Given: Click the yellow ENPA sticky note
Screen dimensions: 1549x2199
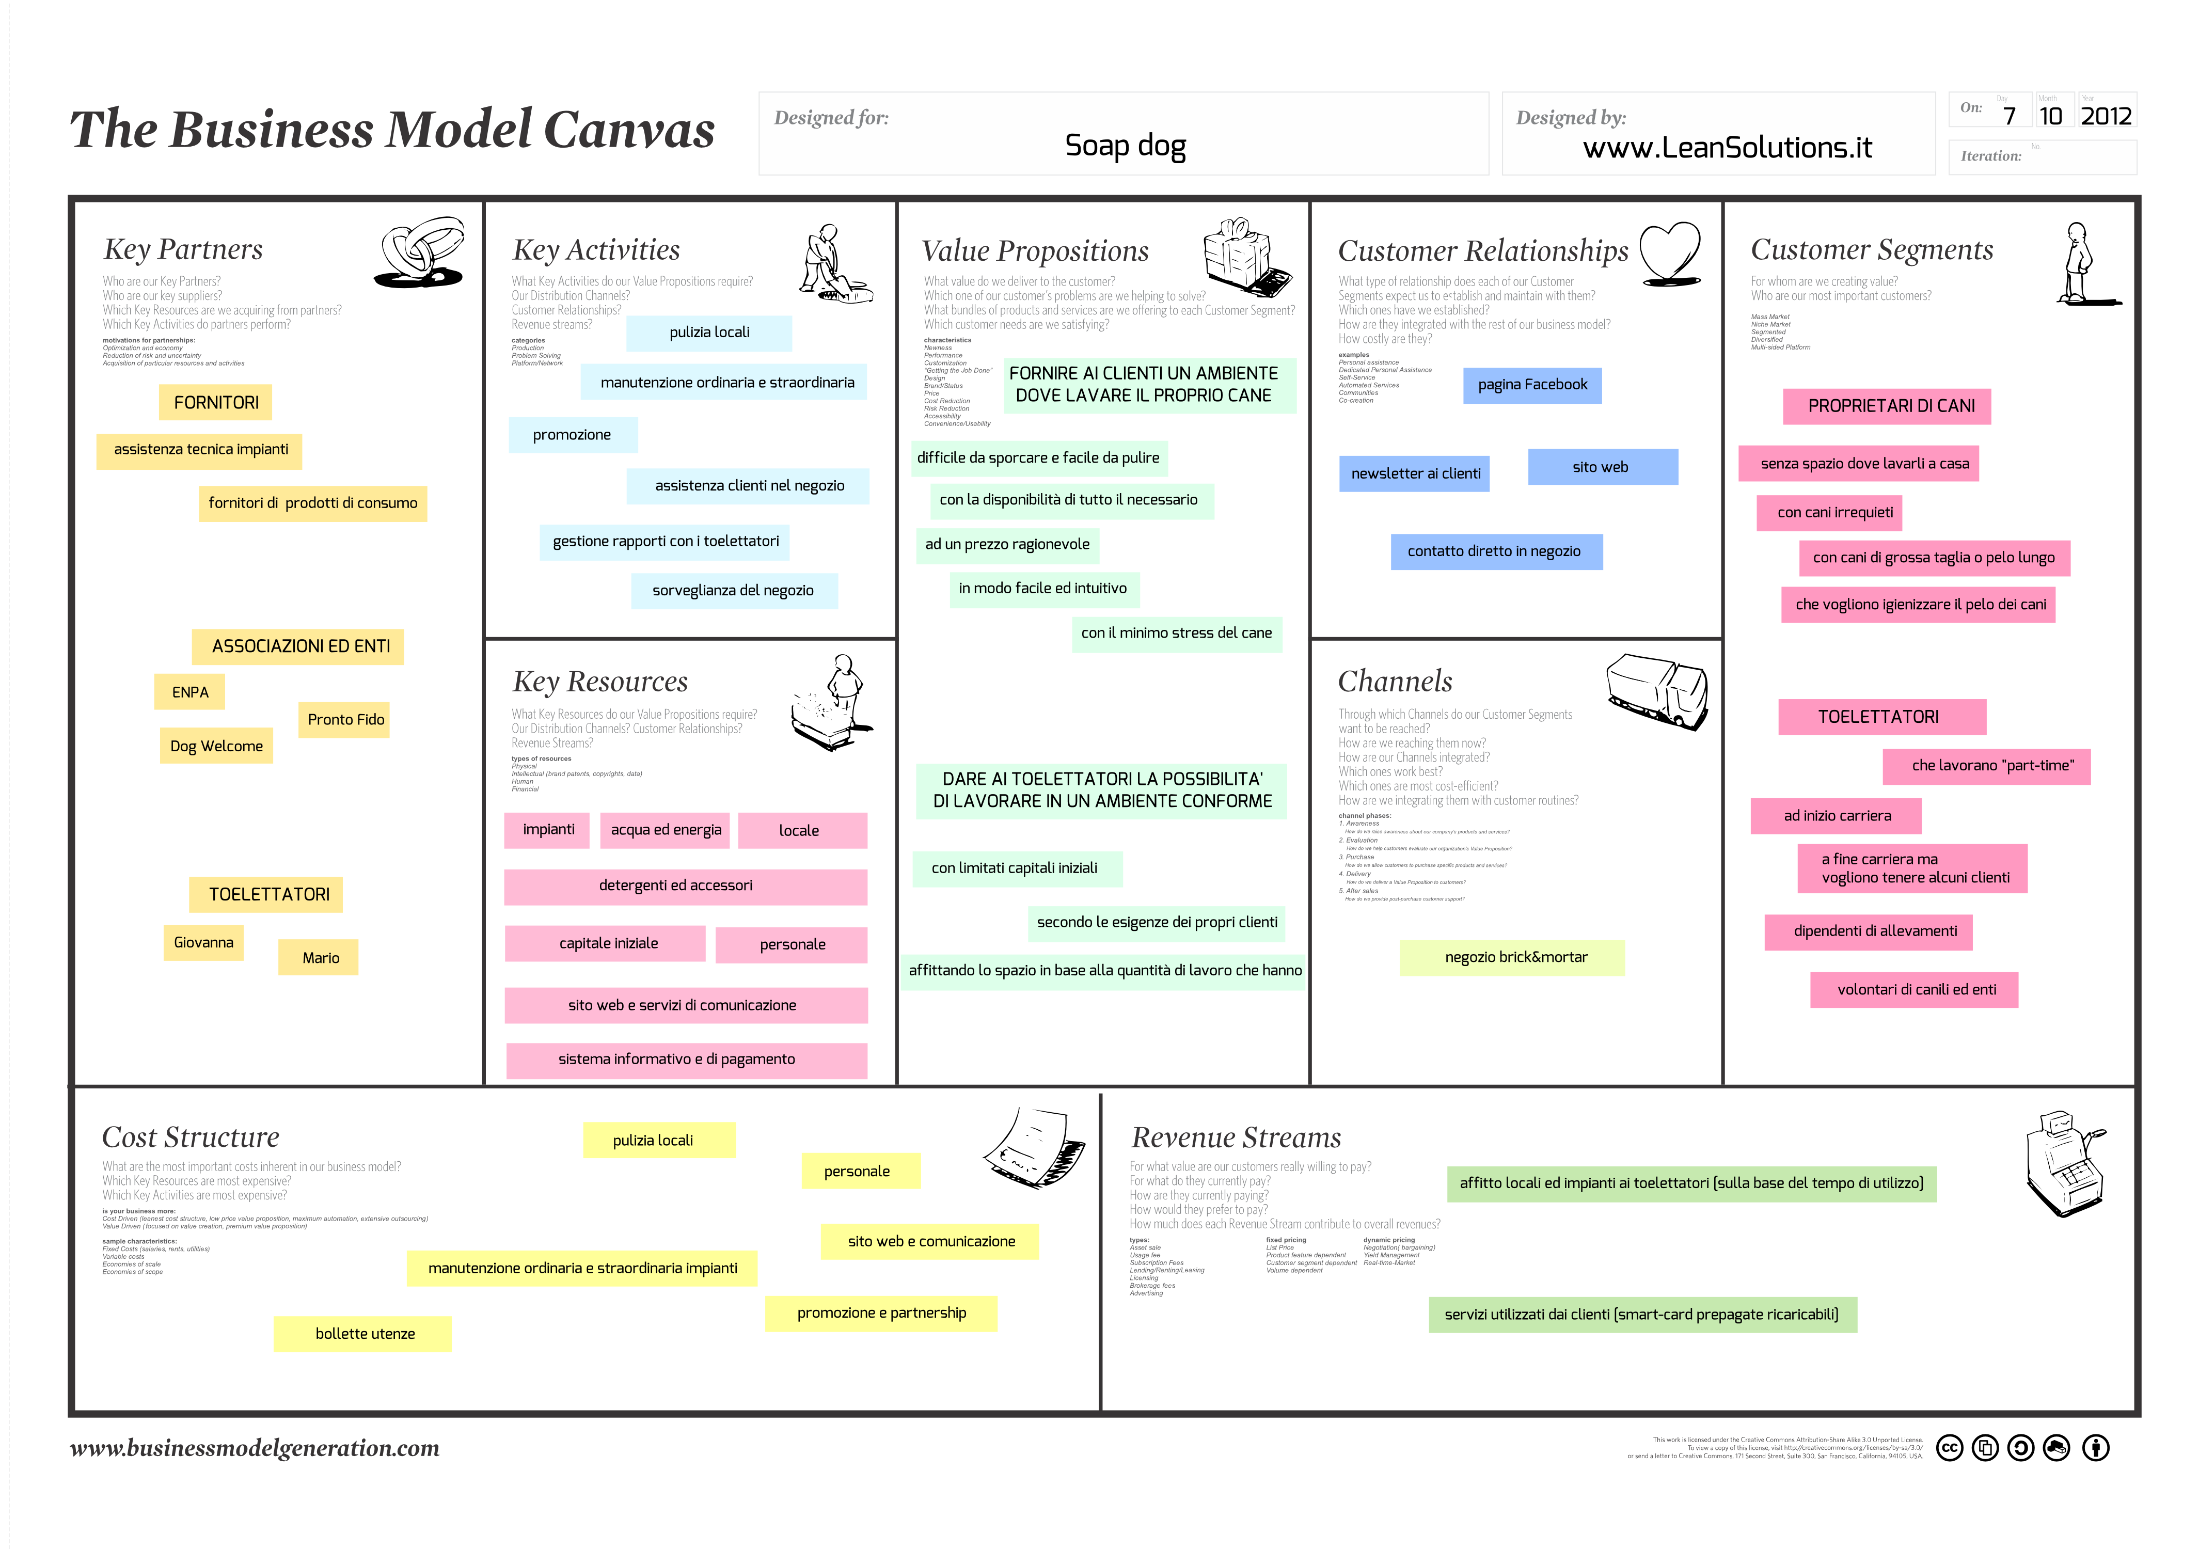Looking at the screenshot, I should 189,692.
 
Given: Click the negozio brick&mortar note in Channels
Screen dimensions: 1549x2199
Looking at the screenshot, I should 1515,957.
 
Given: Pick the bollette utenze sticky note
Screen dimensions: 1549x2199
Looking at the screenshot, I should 364,1334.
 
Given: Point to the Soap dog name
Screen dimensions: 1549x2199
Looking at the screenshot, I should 1126,146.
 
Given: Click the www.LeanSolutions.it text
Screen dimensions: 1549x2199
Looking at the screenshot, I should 1727,148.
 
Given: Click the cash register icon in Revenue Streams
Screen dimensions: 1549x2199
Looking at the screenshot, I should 2064,1164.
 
